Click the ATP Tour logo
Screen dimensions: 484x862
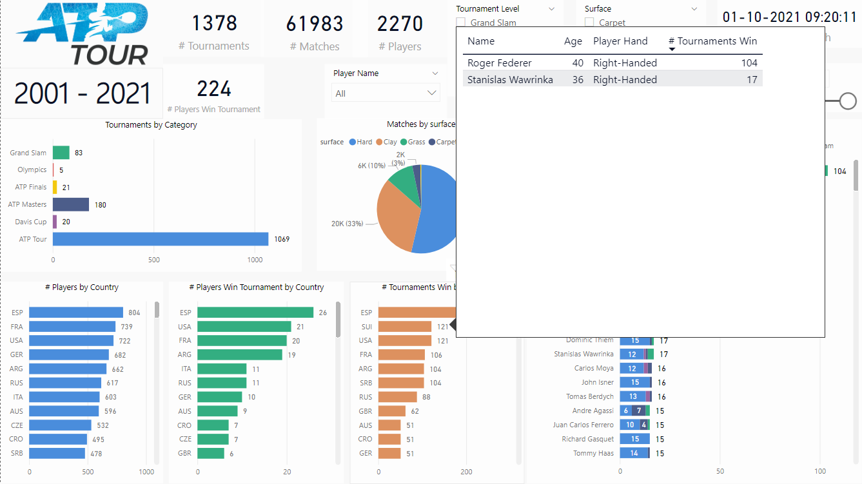tap(83, 34)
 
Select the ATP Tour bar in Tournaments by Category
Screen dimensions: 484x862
tap(160, 239)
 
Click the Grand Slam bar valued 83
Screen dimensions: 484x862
tap(61, 153)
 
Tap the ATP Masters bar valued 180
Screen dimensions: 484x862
tap(71, 204)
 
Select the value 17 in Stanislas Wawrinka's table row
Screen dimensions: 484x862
tap(752, 80)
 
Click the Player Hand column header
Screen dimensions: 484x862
tap(620, 41)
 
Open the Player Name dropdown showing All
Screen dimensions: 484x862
tap(386, 93)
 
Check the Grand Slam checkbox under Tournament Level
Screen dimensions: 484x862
tap(461, 23)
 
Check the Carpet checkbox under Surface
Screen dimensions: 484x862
tap(589, 23)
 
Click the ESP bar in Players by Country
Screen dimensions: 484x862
tap(76, 313)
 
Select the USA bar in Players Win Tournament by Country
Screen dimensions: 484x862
tap(244, 327)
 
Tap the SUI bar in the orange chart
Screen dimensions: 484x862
tap(404, 327)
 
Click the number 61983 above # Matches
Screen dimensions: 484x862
tap(315, 24)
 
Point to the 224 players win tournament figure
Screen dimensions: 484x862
tap(214, 88)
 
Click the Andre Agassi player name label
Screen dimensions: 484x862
tap(593, 411)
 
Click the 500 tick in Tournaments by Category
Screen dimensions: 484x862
tap(153, 260)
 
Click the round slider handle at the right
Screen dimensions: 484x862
tap(848, 101)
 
